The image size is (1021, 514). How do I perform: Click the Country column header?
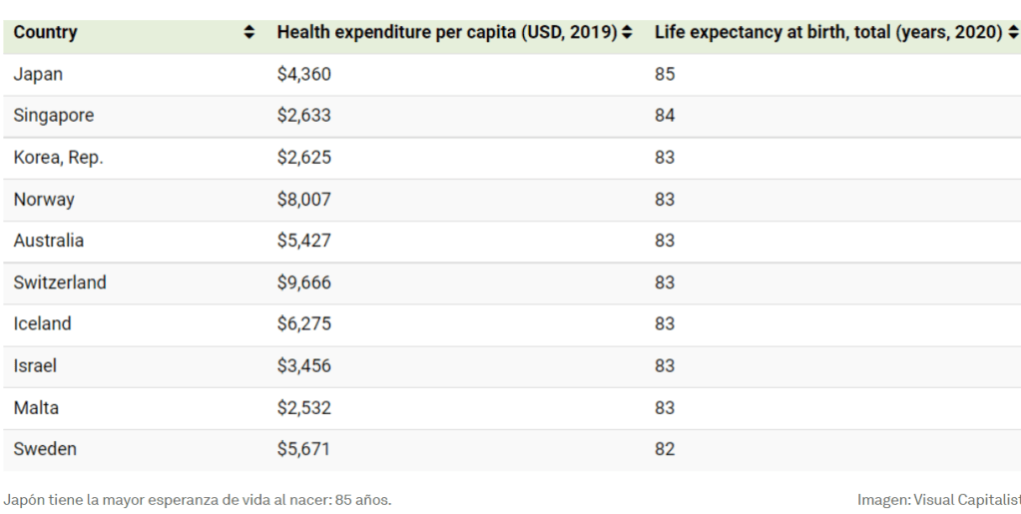46,33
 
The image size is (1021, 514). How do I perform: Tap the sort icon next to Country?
250,34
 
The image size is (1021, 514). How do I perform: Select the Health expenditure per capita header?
446,33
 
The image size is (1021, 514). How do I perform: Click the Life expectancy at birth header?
828,33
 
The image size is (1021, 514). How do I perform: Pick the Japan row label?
38,75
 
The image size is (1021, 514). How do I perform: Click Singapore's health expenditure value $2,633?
303,116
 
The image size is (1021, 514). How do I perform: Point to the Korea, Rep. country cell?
58,158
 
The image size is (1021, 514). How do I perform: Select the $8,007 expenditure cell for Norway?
303,200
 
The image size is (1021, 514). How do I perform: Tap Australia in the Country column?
49,241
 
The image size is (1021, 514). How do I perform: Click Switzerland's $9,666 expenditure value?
303,282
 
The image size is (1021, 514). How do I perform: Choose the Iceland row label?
42,324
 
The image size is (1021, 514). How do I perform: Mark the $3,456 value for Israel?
303,366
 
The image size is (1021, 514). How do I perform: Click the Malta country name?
35,408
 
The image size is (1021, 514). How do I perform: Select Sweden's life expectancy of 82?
665,450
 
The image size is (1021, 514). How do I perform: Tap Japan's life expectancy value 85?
665,75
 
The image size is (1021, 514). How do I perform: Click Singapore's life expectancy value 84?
665,116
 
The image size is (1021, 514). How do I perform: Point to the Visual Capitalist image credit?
938,499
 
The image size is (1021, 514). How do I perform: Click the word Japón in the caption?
23,499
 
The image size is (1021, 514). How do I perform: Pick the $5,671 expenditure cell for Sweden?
303,450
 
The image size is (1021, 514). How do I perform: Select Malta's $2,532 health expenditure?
303,408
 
